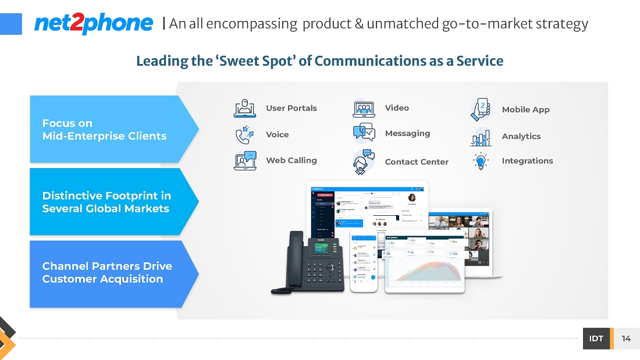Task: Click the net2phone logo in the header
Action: tap(94, 23)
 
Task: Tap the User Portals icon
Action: tap(245, 109)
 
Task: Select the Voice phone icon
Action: tap(245, 135)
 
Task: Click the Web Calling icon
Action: tap(245, 161)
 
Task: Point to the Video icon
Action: tap(364, 109)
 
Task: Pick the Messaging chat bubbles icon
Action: tap(364, 133)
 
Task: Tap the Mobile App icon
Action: tap(481, 109)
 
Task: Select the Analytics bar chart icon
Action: tap(481, 137)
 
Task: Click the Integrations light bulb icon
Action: tap(481, 161)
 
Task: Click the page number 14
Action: tap(626, 338)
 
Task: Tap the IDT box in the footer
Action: tap(596, 338)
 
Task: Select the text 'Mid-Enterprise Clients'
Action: tap(104, 136)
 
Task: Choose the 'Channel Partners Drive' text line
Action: tap(107, 266)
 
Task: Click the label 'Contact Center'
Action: tap(417, 162)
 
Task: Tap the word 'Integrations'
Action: tap(527, 161)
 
